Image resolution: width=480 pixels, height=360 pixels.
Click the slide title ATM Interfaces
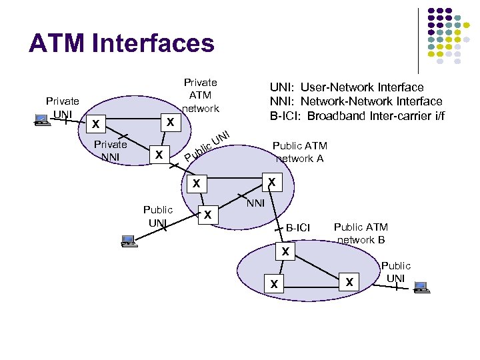click(x=121, y=44)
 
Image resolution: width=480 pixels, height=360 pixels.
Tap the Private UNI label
click(x=62, y=107)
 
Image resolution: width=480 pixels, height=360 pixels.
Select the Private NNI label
click(x=110, y=150)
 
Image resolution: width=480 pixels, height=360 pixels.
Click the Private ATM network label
click(x=200, y=95)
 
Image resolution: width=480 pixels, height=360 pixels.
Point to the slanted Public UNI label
click(x=207, y=146)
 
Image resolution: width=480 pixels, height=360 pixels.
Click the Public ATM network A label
click(x=300, y=152)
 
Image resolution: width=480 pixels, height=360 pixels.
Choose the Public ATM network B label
click(x=361, y=233)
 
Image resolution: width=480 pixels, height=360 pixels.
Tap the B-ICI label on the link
click(x=298, y=228)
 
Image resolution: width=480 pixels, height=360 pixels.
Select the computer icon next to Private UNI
click(x=41, y=121)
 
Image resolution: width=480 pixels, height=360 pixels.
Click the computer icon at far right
click(x=421, y=287)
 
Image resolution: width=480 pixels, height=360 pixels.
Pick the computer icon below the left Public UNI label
click(x=127, y=241)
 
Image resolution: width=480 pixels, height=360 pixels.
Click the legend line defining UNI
click(x=346, y=87)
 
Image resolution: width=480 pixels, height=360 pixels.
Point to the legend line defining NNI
click(x=355, y=101)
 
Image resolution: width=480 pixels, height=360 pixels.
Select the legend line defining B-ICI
click(x=357, y=115)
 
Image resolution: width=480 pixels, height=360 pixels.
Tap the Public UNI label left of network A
click(x=158, y=215)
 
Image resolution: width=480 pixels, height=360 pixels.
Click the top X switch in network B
click(x=285, y=252)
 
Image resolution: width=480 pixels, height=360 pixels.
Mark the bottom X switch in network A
click(x=208, y=215)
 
